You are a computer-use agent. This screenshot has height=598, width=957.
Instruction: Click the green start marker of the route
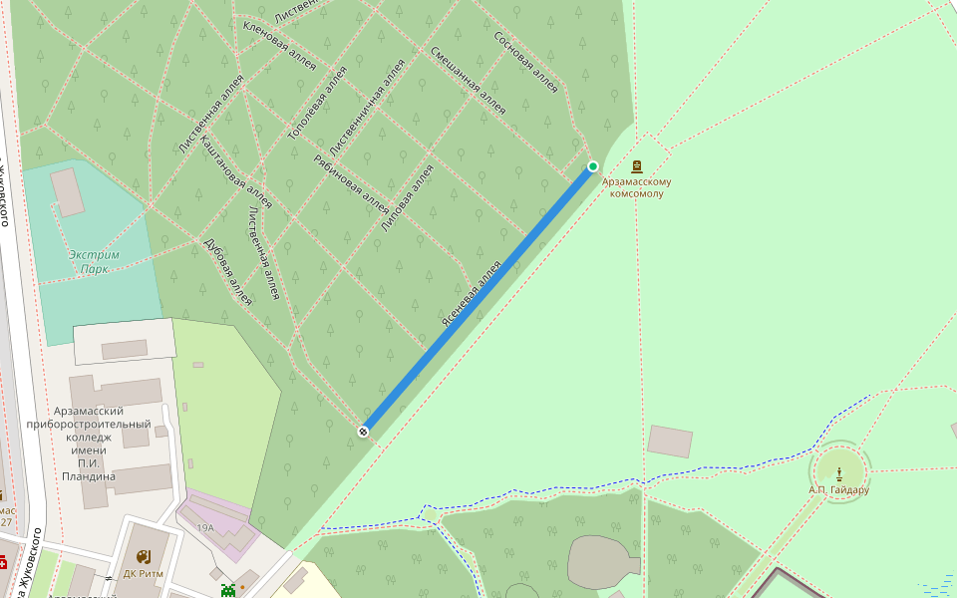[593, 166]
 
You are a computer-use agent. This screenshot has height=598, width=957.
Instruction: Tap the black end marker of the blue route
[364, 431]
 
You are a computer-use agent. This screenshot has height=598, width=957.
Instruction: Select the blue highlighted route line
[478, 299]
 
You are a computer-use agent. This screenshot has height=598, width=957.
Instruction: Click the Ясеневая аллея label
[471, 295]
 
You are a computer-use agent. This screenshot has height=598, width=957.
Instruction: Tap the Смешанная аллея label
[469, 81]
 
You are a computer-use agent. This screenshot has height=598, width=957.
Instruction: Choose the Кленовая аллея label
[279, 45]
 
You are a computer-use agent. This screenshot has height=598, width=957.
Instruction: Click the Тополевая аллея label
[317, 102]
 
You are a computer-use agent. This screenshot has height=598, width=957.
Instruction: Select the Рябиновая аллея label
[350, 184]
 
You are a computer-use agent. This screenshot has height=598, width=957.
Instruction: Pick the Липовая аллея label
[408, 198]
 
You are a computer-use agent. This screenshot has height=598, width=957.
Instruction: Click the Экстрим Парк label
[94, 261]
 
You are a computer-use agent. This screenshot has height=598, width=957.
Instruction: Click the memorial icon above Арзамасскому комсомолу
[637, 166]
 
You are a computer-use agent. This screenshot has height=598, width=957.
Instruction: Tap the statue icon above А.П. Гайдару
[840, 471]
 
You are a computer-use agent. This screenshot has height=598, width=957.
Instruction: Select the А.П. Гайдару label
[839, 489]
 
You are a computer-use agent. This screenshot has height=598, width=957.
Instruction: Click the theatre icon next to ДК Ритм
[144, 556]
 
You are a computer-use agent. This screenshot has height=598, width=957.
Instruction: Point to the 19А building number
[205, 527]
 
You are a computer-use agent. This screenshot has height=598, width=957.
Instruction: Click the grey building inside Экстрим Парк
[68, 192]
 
